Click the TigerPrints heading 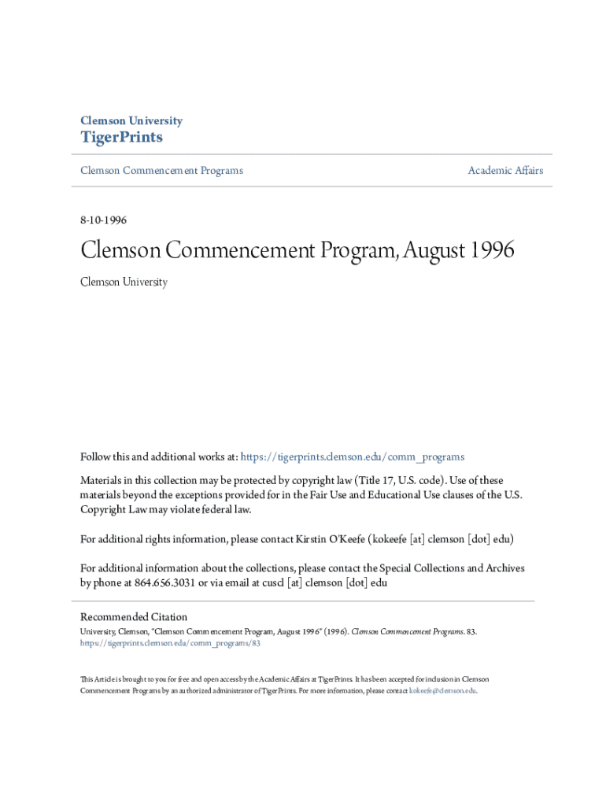[x=122, y=138]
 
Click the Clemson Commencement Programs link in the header [x=162, y=171]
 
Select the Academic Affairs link [x=505, y=171]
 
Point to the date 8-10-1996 [x=104, y=220]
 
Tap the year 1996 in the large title [x=493, y=251]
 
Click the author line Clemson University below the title [x=124, y=282]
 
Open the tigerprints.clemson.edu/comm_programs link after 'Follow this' [x=352, y=457]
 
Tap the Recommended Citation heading [x=135, y=617]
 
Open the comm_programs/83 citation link [x=171, y=643]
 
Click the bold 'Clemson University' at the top [x=131, y=121]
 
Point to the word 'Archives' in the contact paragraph [x=504, y=568]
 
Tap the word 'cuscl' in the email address [x=269, y=583]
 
